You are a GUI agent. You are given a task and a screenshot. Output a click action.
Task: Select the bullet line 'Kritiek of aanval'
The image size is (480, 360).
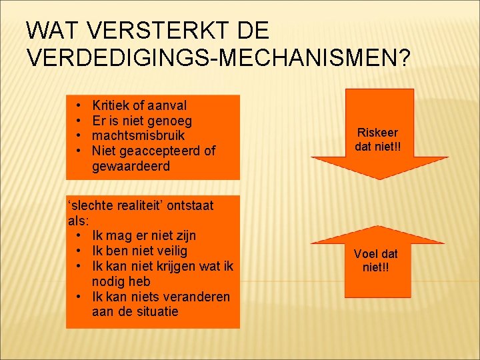pos(139,105)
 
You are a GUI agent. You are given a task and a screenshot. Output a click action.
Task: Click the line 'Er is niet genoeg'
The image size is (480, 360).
pos(142,121)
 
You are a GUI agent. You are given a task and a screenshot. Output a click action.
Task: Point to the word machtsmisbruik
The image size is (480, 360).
pos(139,135)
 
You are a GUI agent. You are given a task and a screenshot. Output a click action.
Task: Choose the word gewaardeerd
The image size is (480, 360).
pos(131,166)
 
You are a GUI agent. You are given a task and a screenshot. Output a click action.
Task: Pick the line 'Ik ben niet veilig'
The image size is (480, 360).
pos(139,251)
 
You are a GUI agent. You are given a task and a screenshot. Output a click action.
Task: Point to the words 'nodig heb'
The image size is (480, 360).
pos(121,281)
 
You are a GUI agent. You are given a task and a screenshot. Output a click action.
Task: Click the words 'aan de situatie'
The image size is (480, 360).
pos(135,311)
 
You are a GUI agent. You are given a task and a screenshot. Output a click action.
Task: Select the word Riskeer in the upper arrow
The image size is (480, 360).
pos(377,132)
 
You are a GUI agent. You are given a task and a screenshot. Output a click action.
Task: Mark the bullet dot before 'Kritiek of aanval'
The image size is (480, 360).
pos(79,105)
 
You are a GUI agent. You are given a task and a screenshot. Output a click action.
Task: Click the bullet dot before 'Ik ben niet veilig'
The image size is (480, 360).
pos(79,251)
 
